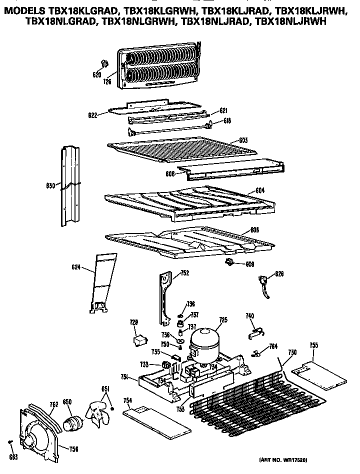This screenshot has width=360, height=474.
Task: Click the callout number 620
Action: click(x=97, y=74)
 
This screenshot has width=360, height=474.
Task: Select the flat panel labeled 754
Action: click(x=156, y=420)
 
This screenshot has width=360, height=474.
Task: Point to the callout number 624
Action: click(x=76, y=267)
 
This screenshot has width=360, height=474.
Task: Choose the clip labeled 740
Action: click(x=255, y=328)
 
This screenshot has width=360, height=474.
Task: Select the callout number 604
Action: click(x=259, y=190)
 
